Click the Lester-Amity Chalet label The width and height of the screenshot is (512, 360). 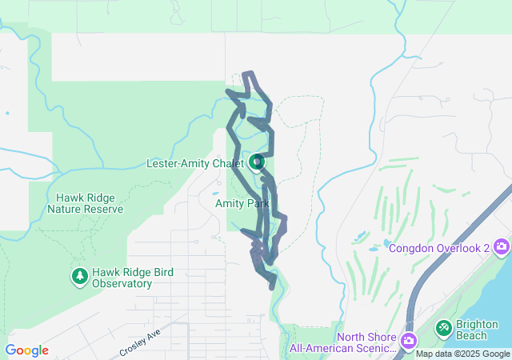194,164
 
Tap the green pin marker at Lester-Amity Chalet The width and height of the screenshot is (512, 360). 257,163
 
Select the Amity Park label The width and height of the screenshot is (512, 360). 242,204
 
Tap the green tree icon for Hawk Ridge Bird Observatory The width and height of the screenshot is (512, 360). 79,277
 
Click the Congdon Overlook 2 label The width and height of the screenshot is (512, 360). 439,247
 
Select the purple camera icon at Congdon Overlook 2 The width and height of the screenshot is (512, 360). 502,246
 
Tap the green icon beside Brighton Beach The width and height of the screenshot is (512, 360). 443,327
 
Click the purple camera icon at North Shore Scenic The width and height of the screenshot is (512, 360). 409,342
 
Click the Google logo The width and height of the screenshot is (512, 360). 26,350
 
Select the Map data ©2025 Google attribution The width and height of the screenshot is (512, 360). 462,354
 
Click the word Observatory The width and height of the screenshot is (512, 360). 122,283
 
